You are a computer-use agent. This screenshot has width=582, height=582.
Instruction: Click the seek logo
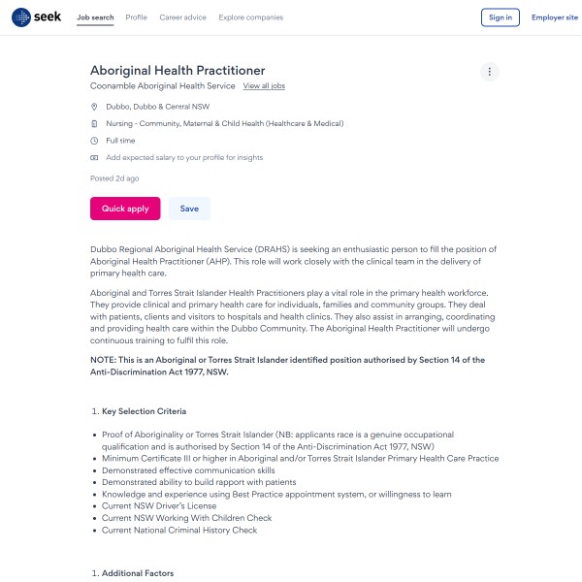[x=37, y=16]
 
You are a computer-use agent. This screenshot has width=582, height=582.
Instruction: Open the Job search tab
[x=95, y=17]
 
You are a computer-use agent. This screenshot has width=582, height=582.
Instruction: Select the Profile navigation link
[x=137, y=17]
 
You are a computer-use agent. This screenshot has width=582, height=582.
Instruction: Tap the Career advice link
[x=181, y=17]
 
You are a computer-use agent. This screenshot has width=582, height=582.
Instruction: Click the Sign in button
[x=501, y=17]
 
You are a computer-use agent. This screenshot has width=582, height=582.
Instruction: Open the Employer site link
[x=555, y=17]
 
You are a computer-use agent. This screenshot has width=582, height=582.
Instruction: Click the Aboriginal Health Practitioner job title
[x=178, y=70]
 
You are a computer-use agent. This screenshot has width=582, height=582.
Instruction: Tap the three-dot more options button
[x=490, y=72]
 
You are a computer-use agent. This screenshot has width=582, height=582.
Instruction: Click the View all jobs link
[x=264, y=86]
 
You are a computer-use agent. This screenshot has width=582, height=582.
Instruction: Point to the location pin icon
[x=94, y=107]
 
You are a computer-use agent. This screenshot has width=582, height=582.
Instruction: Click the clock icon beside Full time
[x=94, y=141]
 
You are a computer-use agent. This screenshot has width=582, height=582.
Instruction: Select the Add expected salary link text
[x=184, y=157]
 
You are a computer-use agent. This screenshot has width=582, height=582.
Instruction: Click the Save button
[x=189, y=209]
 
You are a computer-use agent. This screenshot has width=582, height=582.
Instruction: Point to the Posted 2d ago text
[x=114, y=178]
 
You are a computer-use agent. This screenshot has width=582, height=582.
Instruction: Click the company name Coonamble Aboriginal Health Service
[x=163, y=86]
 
